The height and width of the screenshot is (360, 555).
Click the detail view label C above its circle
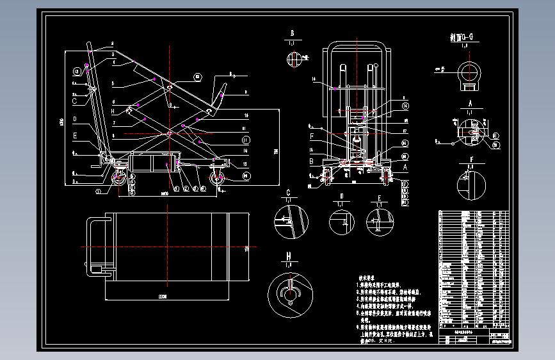[x=288, y=192]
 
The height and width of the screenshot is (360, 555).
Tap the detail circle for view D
[x=342, y=222]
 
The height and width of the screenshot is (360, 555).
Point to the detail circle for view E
[x=379, y=221]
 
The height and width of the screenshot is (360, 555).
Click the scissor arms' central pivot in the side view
[x=168, y=134]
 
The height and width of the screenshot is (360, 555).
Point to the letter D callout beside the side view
[x=75, y=119]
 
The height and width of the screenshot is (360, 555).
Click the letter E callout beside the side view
[x=75, y=135]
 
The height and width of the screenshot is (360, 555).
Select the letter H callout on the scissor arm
[x=113, y=111]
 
